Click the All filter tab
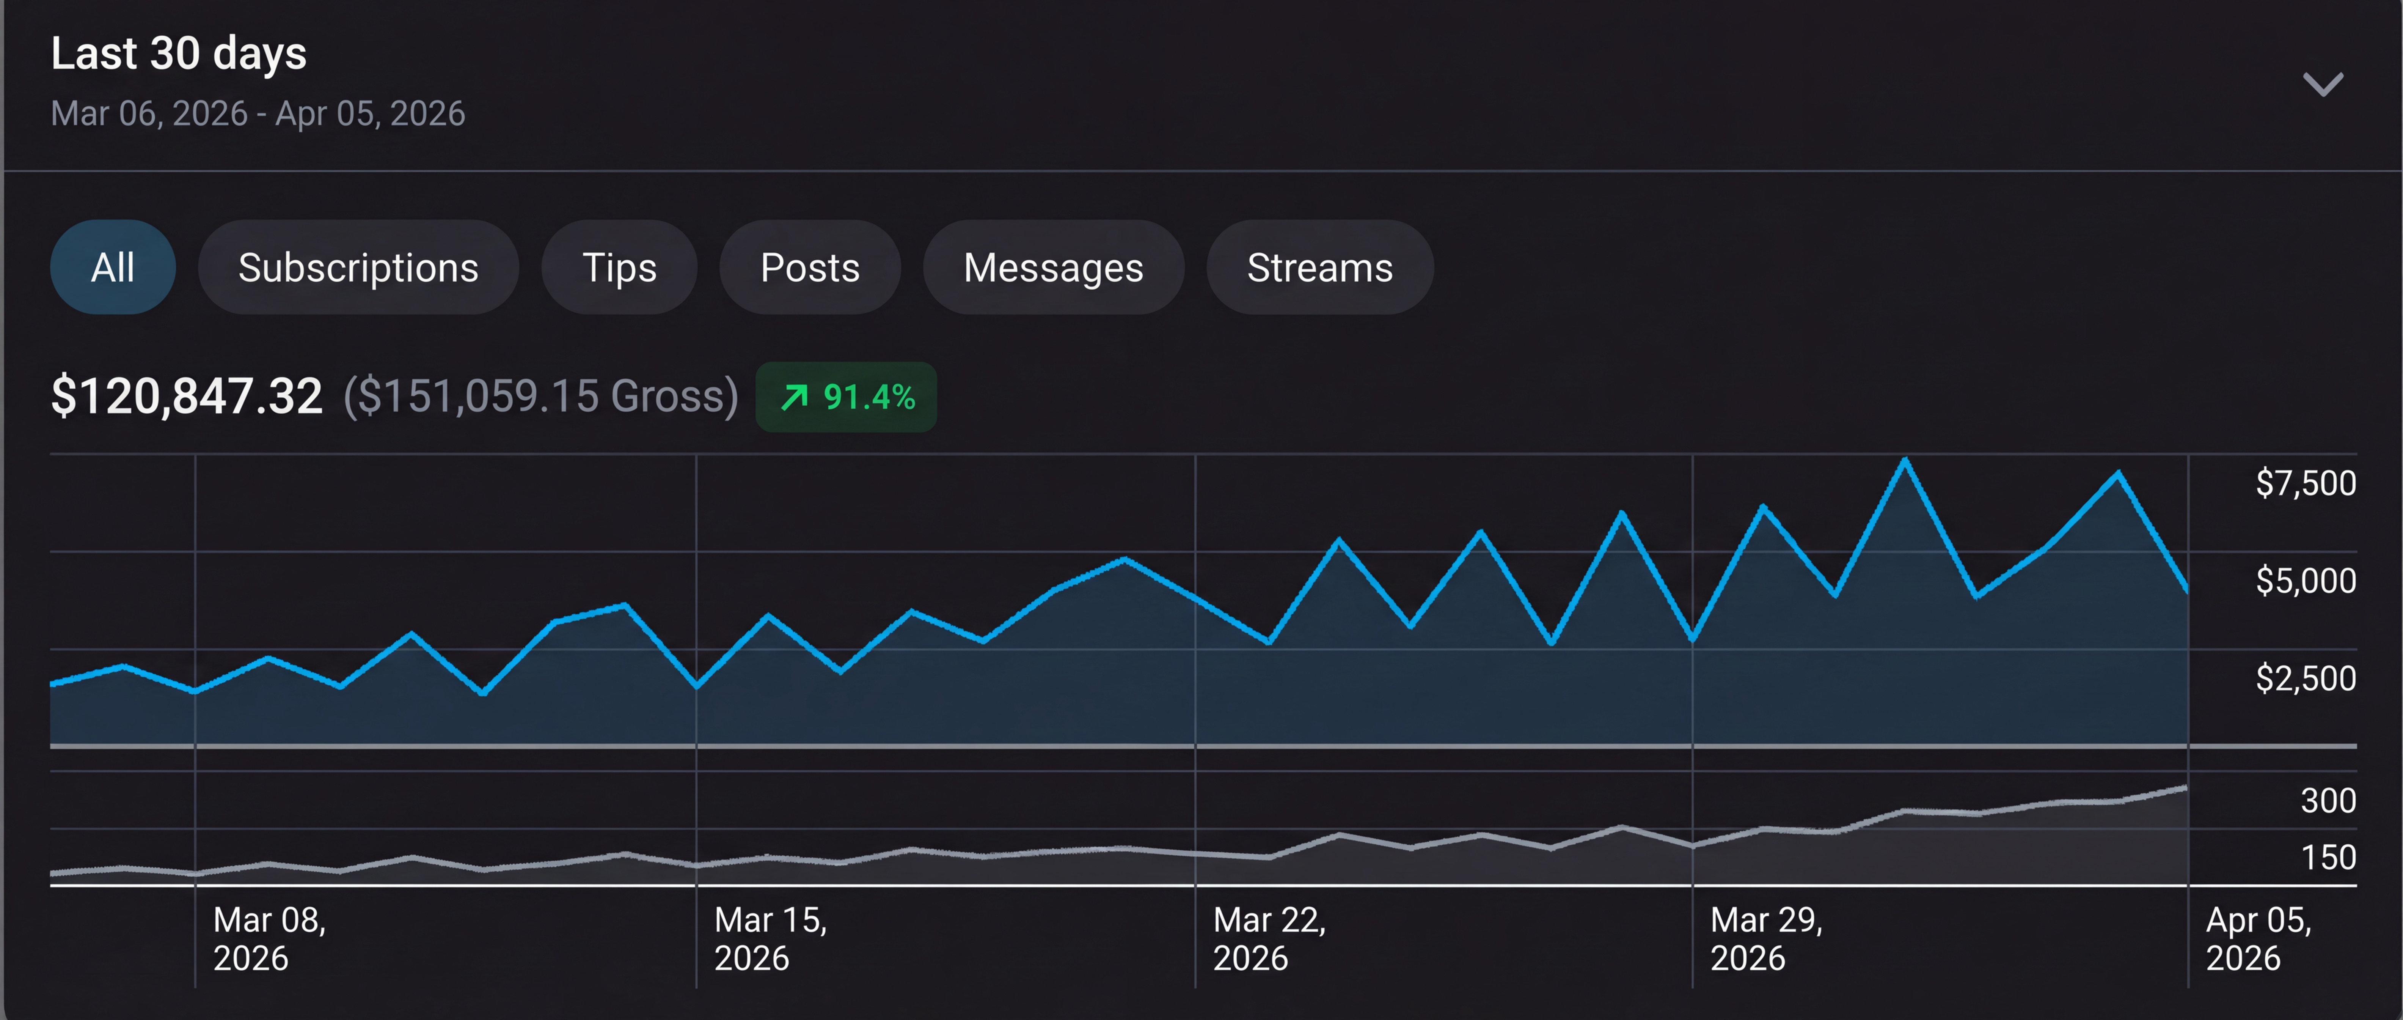(113, 268)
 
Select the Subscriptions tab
(358, 268)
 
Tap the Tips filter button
(619, 268)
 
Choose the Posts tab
(810, 268)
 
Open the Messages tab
(1053, 268)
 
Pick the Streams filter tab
(1320, 268)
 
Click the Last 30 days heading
(178, 53)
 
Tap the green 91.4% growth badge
(846, 397)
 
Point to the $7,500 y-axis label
(2305, 483)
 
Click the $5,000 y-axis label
(2305, 581)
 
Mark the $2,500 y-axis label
(2305, 678)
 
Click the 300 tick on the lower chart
(2328, 801)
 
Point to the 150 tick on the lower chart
(2328, 858)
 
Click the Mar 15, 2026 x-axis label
(771, 939)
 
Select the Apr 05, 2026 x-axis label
(2259, 939)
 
